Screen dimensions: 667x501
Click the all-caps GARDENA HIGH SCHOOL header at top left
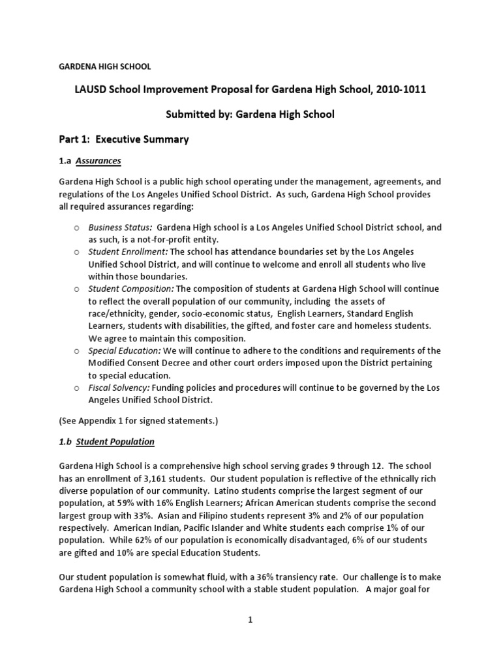click(x=105, y=66)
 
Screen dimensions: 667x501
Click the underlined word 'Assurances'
click(x=99, y=160)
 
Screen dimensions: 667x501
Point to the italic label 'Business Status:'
click(x=121, y=227)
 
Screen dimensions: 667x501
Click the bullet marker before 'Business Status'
click(x=76, y=228)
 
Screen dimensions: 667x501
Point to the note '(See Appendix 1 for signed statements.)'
click(x=138, y=421)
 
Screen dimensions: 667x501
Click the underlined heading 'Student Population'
click(x=115, y=442)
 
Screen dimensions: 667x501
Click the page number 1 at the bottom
click(x=250, y=620)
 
